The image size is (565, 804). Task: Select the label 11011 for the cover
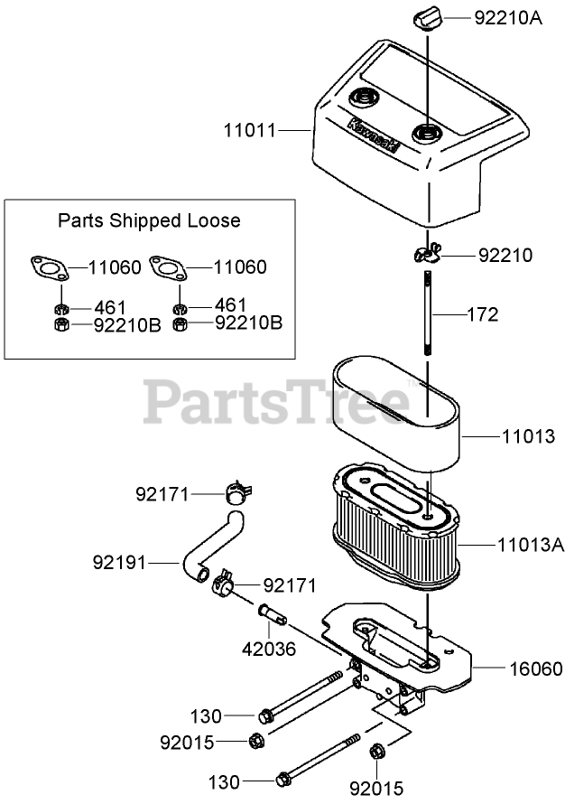pos(250,131)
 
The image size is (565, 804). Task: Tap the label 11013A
pos(528,545)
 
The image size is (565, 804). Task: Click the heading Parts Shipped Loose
pos(150,220)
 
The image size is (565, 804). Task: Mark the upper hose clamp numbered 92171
pos(236,493)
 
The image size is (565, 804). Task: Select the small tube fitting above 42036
pos(272,614)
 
